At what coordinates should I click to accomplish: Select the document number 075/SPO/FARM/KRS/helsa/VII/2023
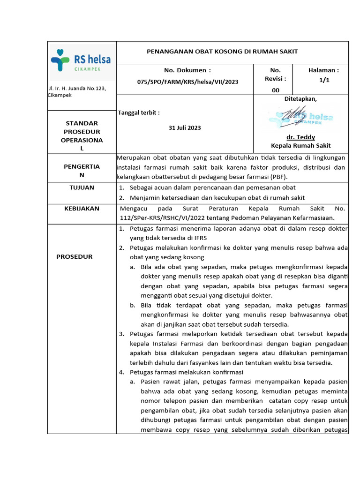click(x=187, y=82)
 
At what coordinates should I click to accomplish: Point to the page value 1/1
click(x=324, y=80)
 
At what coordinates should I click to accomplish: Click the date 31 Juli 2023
click(x=185, y=128)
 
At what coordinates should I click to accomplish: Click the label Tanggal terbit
click(x=139, y=112)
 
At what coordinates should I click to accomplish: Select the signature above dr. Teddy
click(x=300, y=117)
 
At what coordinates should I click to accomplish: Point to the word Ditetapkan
click(x=300, y=99)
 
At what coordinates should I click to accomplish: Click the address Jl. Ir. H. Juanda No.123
click(x=78, y=88)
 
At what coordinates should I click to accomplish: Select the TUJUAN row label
click(x=82, y=187)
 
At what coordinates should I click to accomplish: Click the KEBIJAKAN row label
click(x=82, y=208)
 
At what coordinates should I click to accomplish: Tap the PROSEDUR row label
click(x=75, y=256)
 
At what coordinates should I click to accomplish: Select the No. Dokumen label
click(x=187, y=70)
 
